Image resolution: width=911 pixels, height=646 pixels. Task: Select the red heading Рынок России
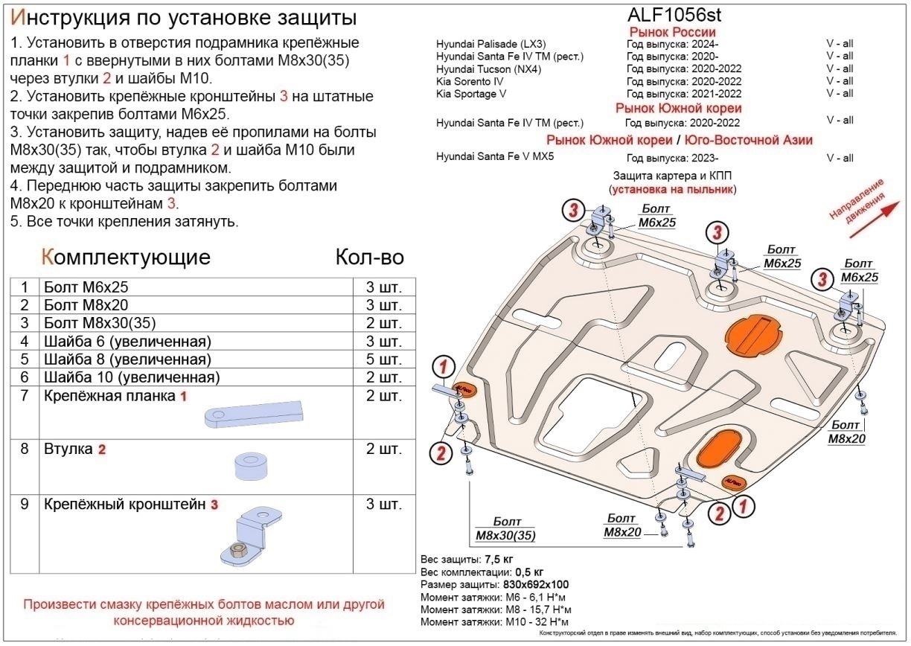coord(672,32)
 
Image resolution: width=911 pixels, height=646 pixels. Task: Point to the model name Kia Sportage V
coord(472,94)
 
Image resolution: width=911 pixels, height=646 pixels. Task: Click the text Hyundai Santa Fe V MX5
coord(495,157)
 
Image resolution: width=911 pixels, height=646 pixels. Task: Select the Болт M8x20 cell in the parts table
coord(86,305)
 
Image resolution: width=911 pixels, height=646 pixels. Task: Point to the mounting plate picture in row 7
coord(255,412)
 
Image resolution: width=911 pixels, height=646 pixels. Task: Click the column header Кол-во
coord(369,258)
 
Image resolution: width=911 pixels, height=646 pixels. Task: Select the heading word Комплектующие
coord(126,258)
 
